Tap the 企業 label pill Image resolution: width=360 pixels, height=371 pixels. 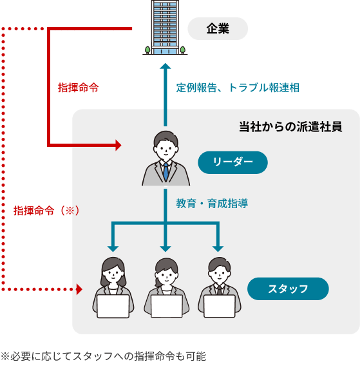[218, 29]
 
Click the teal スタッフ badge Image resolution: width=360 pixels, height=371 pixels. [288, 289]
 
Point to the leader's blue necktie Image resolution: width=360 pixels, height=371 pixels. [166, 171]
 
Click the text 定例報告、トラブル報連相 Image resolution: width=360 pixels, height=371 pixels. [238, 88]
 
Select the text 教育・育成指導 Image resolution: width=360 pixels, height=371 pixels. [212, 204]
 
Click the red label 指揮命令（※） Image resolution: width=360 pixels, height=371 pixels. [46, 211]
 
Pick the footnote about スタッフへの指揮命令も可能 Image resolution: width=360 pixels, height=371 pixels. [103, 356]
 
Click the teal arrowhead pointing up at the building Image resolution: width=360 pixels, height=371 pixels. [166, 67]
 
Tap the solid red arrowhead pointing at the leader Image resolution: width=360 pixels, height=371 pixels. [118, 145]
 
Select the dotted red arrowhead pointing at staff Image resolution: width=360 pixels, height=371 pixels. [79, 289]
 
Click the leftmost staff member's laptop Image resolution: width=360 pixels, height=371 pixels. [113, 307]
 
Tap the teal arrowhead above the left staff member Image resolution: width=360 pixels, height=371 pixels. [113, 248]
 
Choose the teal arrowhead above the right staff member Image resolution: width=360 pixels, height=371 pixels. [218, 248]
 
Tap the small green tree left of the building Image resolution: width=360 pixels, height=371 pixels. [147, 50]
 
